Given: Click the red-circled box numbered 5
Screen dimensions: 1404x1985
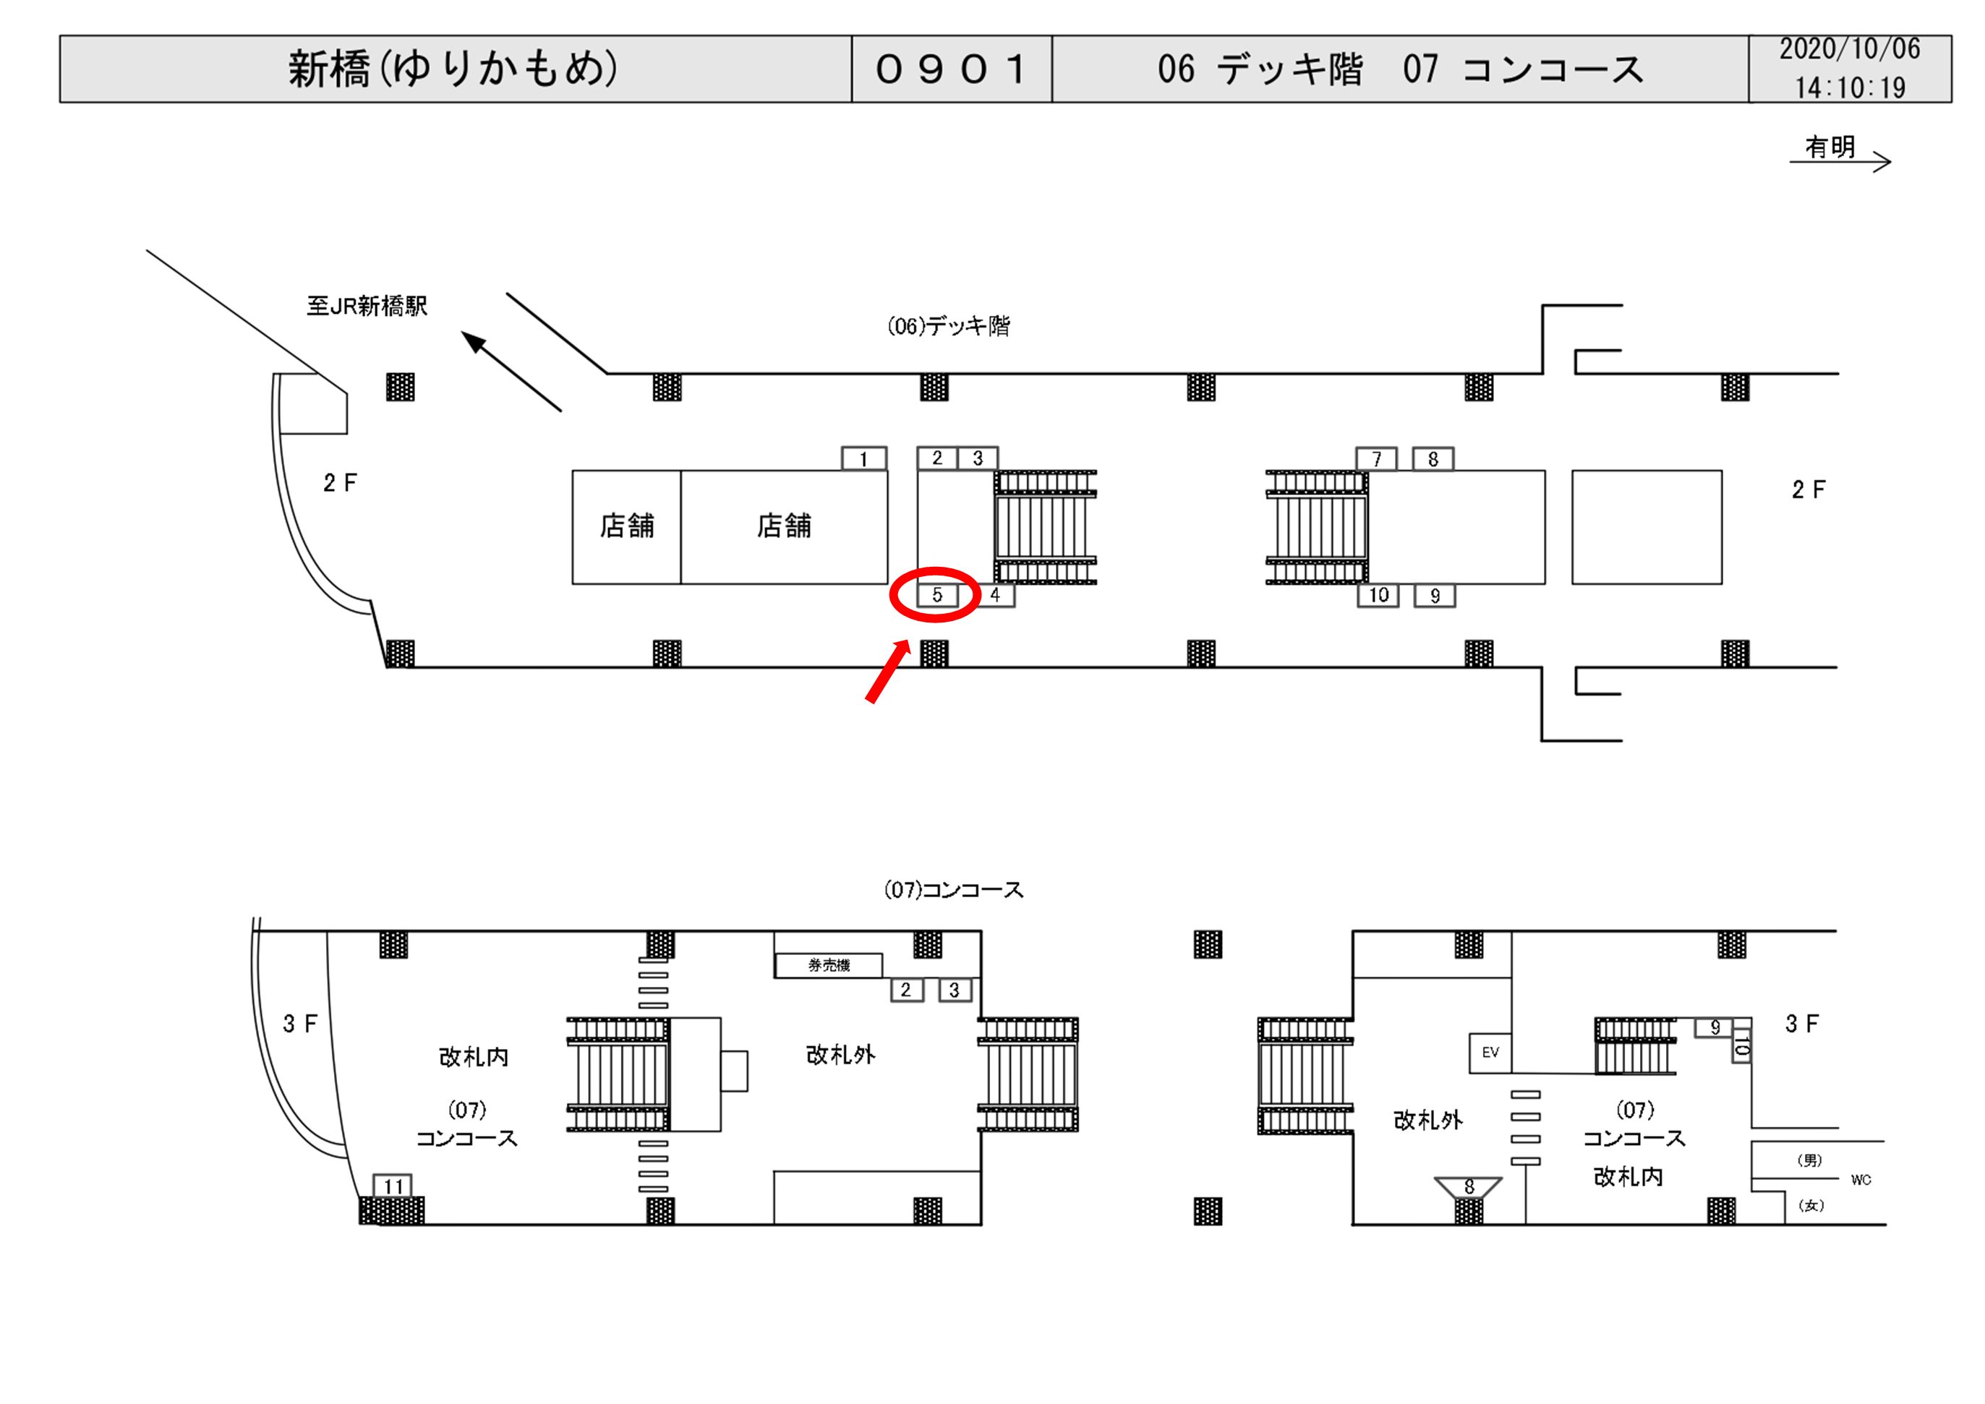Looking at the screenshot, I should click(x=936, y=595).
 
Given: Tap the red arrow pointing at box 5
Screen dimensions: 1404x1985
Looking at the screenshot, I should click(x=888, y=672).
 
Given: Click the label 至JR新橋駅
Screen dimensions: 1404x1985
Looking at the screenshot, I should click(x=367, y=306).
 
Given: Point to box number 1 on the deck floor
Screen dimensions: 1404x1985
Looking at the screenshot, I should click(x=863, y=458).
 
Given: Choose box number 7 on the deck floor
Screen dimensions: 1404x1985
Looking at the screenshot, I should click(x=1376, y=458).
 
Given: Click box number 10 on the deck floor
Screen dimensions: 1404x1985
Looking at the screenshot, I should click(x=1378, y=595).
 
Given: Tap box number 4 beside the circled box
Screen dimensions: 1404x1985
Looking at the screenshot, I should click(x=995, y=595).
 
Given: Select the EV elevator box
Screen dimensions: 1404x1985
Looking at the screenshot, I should click(x=1490, y=1052).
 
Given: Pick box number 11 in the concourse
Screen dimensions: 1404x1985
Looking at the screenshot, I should click(x=393, y=1185).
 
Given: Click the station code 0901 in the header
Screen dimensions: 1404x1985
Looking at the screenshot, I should click(x=951, y=69).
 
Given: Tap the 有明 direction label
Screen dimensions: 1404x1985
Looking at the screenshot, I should click(x=1830, y=147).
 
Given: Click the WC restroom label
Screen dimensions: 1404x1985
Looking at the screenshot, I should click(x=1861, y=1179).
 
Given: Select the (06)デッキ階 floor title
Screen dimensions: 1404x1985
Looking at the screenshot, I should click(x=949, y=326).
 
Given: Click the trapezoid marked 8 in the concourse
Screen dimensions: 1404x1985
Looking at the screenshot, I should click(x=1468, y=1187).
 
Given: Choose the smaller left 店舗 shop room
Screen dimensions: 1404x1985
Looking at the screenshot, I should click(x=627, y=526).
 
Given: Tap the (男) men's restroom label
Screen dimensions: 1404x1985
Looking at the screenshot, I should click(x=1809, y=1160).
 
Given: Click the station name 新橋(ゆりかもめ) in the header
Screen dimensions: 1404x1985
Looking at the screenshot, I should click(x=453, y=69).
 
